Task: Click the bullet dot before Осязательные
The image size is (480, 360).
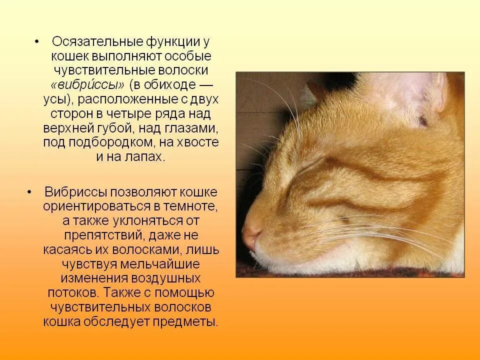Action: (37, 40)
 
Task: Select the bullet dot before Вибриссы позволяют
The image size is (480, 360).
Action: (29, 192)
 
